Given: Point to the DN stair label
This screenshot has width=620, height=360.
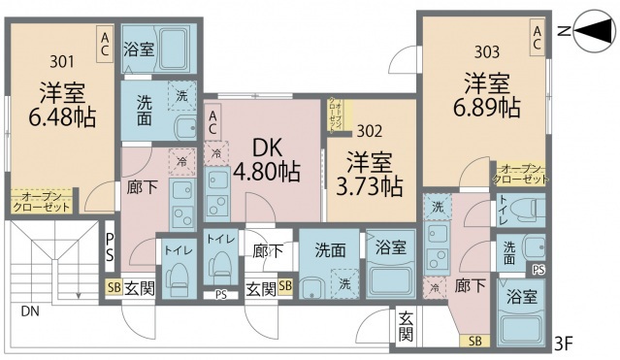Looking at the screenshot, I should [x=31, y=311].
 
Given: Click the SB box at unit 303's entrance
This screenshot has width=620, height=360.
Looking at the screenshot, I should [x=474, y=340].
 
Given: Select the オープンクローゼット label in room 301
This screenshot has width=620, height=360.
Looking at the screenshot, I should [x=42, y=202].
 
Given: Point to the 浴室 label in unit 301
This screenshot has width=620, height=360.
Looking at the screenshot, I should [x=139, y=49].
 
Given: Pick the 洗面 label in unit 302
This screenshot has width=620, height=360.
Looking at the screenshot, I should [x=330, y=249].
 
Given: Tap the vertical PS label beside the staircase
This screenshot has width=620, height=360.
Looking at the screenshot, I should [x=110, y=247].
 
